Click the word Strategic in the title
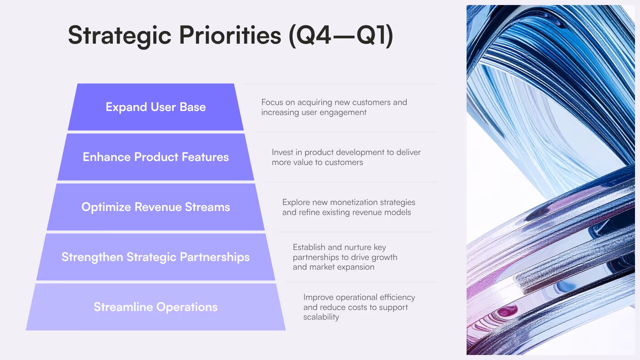pos(119,35)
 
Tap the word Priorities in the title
pos(230,35)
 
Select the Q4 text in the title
pos(313,35)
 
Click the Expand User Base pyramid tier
pos(156,107)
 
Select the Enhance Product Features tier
pos(156,157)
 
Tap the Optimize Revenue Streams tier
pos(156,207)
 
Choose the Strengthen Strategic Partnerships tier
pos(156,257)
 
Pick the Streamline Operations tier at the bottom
pos(156,307)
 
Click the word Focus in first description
pos(272,102)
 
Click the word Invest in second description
pos(282,152)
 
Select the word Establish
pos(309,247)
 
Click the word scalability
pos(321,317)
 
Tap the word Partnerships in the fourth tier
pos(215,257)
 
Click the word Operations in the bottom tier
pos(187,307)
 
